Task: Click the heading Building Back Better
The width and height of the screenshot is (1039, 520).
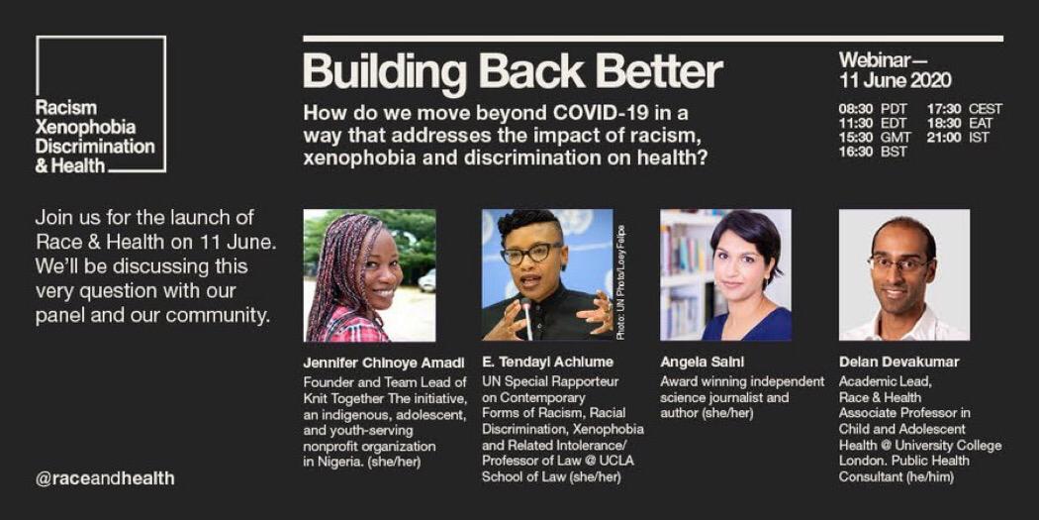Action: coord(513,71)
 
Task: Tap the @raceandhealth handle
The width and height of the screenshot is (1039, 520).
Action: coord(105,478)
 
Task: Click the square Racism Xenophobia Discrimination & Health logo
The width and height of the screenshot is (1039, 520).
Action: coord(101,104)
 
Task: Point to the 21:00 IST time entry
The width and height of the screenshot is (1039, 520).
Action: coord(958,138)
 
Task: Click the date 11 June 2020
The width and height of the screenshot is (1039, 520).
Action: coord(896,81)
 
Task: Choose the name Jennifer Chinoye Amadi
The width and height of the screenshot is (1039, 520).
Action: coord(384,363)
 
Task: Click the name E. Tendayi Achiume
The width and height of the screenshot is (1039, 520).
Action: coord(547,363)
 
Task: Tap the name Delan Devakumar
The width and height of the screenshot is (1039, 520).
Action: coord(899,363)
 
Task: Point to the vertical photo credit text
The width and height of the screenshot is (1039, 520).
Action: coord(620,283)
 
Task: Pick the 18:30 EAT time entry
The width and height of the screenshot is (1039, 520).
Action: coord(958,124)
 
